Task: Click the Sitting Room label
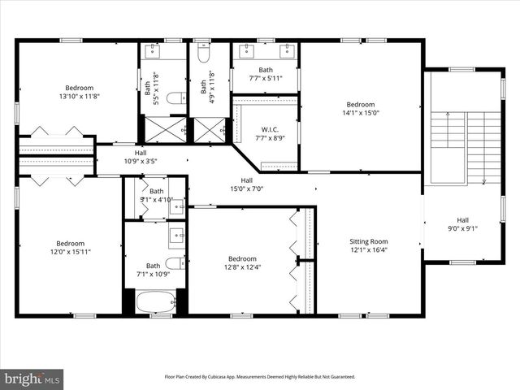coord(368,241)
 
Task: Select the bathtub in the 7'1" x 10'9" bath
coord(154,302)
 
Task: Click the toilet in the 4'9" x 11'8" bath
coord(204,55)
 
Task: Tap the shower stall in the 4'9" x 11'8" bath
coord(210,129)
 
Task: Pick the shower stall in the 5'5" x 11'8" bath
coord(165,129)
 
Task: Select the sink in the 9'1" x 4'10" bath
coord(176,207)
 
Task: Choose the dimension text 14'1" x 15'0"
coord(361,113)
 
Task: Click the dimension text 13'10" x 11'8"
coord(80,97)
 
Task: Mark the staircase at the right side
coord(464,146)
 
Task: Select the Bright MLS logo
coord(32,378)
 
